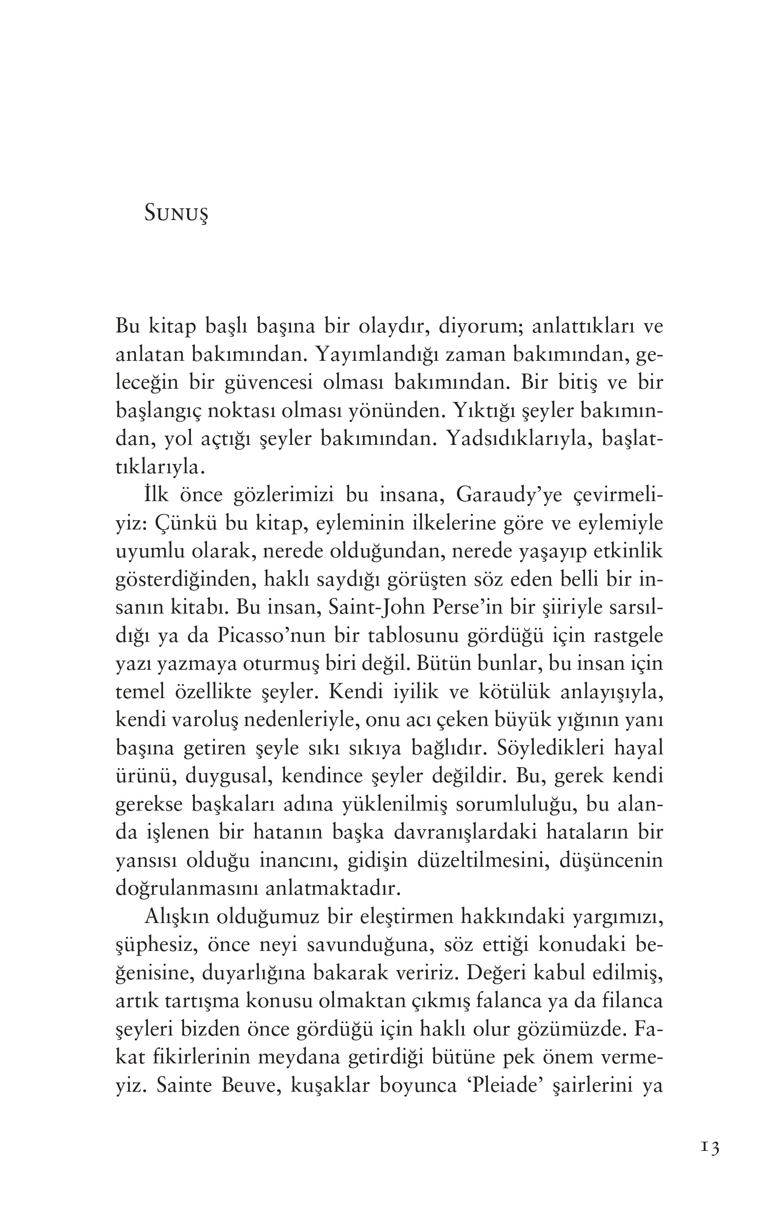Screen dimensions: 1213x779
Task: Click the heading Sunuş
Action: pyautogui.click(x=176, y=213)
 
